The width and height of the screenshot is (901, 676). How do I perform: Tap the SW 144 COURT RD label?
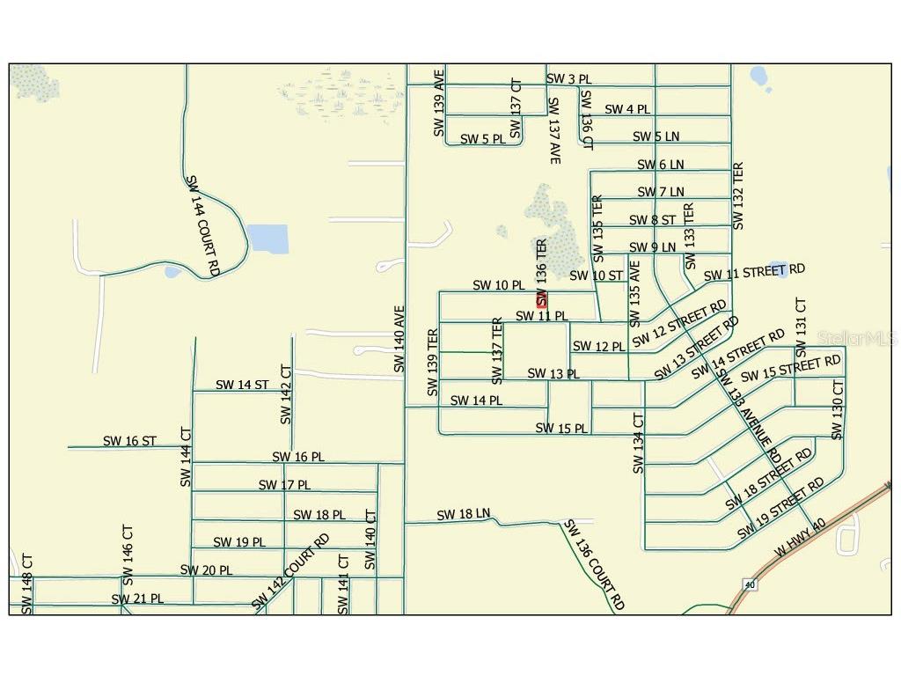(x=202, y=225)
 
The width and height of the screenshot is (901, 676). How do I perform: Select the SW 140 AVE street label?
(x=399, y=339)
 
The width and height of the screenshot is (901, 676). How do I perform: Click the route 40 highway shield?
(x=749, y=584)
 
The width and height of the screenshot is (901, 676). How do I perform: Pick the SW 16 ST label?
(x=129, y=441)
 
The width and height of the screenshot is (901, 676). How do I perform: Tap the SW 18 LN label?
(x=463, y=514)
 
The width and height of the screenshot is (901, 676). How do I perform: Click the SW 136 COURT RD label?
(x=594, y=565)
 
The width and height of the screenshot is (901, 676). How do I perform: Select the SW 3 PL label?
(x=568, y=79)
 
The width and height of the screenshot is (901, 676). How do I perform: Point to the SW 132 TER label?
(x=738, y=196)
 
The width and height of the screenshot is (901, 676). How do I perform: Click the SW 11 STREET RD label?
(x=755, y=272)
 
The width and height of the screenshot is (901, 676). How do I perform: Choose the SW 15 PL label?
(x=561, y=429)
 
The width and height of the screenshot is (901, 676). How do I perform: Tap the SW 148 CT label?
(x=27, y=584)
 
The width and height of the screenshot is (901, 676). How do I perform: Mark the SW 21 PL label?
(x=137, y=599)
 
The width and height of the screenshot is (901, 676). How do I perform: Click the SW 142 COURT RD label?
(x=290, y=571)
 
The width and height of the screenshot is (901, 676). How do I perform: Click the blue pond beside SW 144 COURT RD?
(x=267, y=238)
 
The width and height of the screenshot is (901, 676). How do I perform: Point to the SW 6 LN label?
(x=660, y=165)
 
